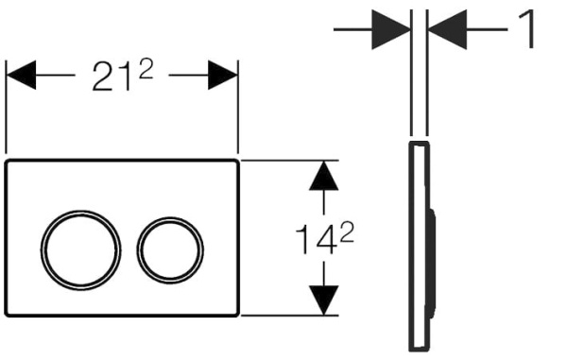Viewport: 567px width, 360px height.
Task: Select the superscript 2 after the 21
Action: click(146, 70)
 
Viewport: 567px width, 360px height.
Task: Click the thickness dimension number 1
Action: click(526, 29)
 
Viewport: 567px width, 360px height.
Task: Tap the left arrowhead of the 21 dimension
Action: click(22, 75)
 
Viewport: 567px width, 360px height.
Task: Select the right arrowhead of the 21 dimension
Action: click(222, 75)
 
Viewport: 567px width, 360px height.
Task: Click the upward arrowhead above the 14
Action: click(323, 176)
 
